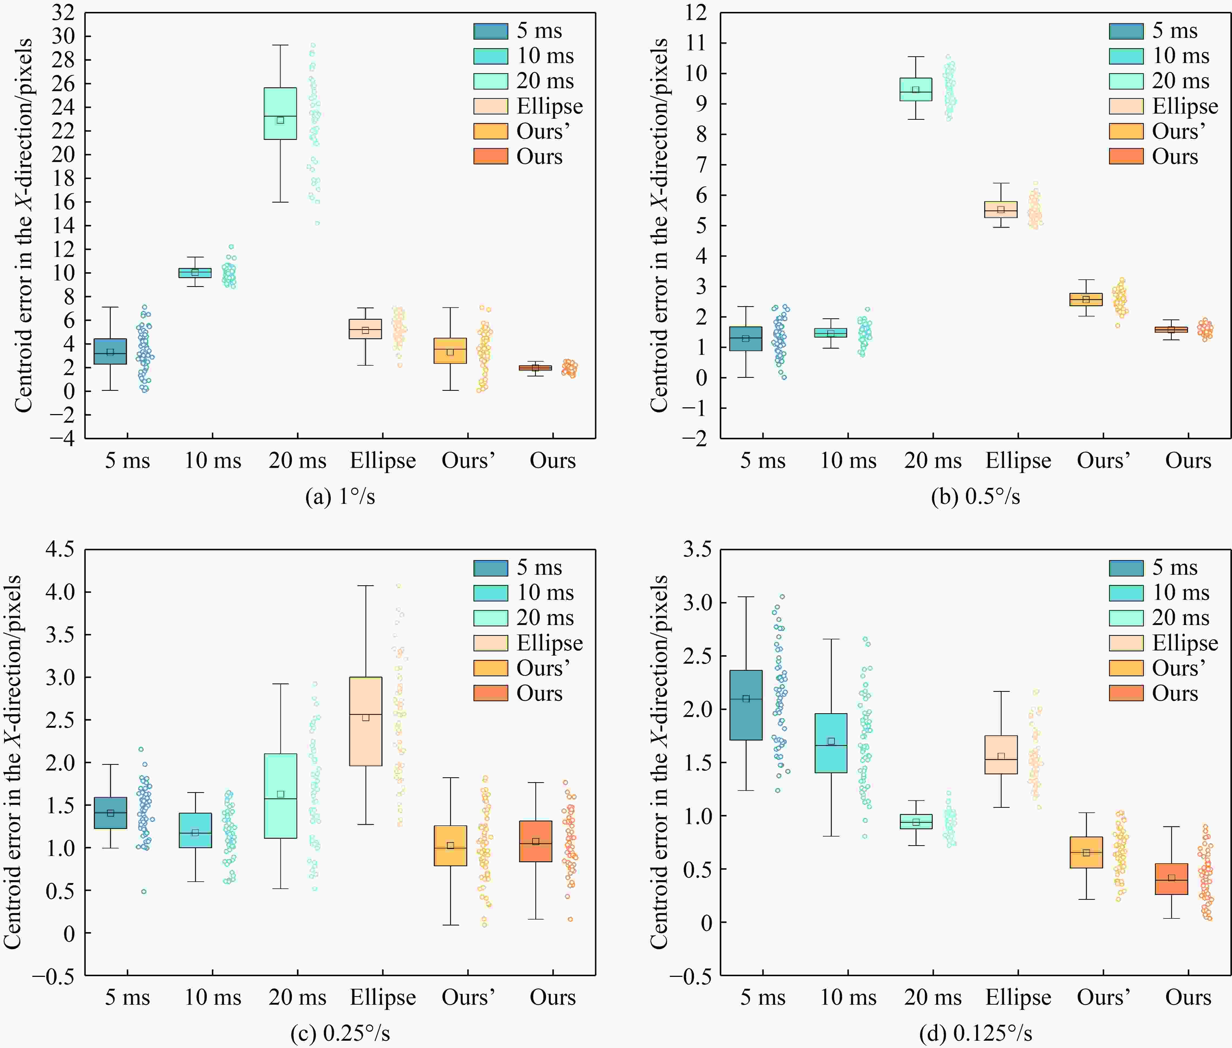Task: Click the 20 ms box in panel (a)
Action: tap(280, 114)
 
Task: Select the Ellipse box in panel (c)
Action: tap(366, 721)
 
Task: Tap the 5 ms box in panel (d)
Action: tap(746, 705)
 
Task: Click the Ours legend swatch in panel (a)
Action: tap(490, 156)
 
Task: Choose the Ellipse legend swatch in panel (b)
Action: tap(1126, 106)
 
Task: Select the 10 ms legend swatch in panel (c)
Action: tap(490, 592)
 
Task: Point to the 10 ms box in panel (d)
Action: tap(831, 743)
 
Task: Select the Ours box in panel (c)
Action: tap(536, 841)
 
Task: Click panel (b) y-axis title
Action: tap(659, 226)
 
